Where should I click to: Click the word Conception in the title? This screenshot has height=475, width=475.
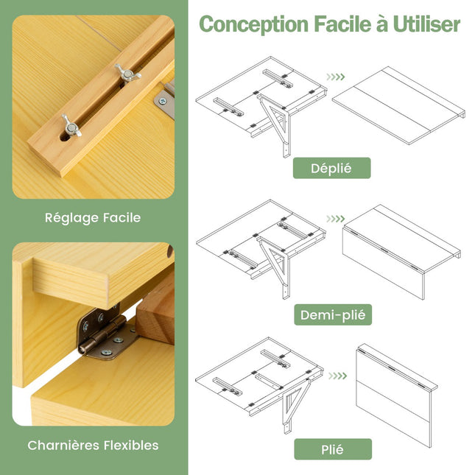click(254, 25)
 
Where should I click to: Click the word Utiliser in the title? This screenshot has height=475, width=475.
click(426, 24)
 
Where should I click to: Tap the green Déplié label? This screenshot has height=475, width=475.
click(331, 168)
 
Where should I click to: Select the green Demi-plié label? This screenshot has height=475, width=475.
click(333, 314)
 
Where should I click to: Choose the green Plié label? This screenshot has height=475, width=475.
click(333, 449)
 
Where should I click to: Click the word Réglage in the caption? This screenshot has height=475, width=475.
click(71, 218)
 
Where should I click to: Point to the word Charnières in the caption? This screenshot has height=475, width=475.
click(63, 446)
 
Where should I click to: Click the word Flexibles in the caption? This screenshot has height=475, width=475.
click(131, 446)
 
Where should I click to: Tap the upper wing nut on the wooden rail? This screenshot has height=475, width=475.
click(127, 73)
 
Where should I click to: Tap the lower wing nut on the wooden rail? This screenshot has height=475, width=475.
click(71, 126)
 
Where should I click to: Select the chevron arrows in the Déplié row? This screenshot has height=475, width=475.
click(336, 77)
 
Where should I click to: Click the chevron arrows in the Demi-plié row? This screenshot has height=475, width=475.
click(336, 219)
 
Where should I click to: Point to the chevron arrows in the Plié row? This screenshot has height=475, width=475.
click(337, 376)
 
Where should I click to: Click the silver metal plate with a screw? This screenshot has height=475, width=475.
click(164, 102)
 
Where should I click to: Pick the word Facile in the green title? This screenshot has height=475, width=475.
click(342, 24)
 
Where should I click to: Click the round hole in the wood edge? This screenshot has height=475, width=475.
click(169, 251)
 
